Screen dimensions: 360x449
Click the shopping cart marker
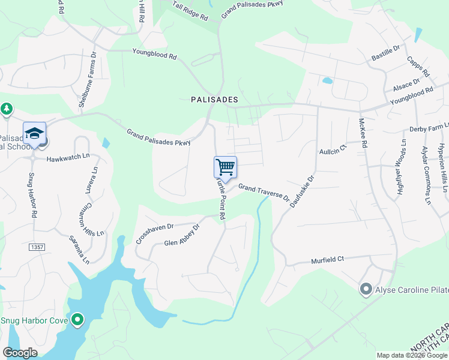pyautogui.click(x=225, y=166)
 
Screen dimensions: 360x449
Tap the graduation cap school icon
pyautogui.click(x=34, y=133)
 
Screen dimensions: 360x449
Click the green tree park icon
pyautogui.click(x=7, y=109)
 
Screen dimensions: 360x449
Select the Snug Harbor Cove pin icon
pyautogui.click(x=77, y=320)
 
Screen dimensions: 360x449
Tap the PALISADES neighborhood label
pyautogui.click(x=214, y=100)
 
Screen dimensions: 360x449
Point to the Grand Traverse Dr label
pyautogui.click(x=264, y=192)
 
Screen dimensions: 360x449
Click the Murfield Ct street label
pyautogui.click(x=327, y=260)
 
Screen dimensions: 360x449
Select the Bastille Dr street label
pyautogui.click(x=385, y=53)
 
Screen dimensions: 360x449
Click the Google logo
pyautogui.click(x=20, y=353)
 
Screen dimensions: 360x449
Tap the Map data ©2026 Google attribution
pyautogui.click(x=411, y=355)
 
